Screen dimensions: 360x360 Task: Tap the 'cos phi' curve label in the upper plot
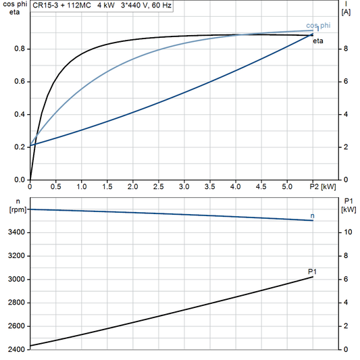(x=318, y=25)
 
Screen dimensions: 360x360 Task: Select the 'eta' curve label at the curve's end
(x=317, y=41)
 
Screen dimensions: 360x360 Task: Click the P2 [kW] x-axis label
(x=322, y=186)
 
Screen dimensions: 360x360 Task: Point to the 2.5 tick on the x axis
(x=158, y=186)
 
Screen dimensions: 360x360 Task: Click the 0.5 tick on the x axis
(x=55, y=186)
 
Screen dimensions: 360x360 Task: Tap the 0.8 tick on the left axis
(x=20, y=49)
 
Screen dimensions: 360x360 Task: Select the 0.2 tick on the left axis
(x=20, y=147)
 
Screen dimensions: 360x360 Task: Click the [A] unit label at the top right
(x=346, y=12)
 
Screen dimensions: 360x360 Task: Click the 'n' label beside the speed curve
(x=312, y=215)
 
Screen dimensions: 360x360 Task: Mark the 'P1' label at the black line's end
(x=312, y=272)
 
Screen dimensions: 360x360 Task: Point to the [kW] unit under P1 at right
(x=347, y=209)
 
